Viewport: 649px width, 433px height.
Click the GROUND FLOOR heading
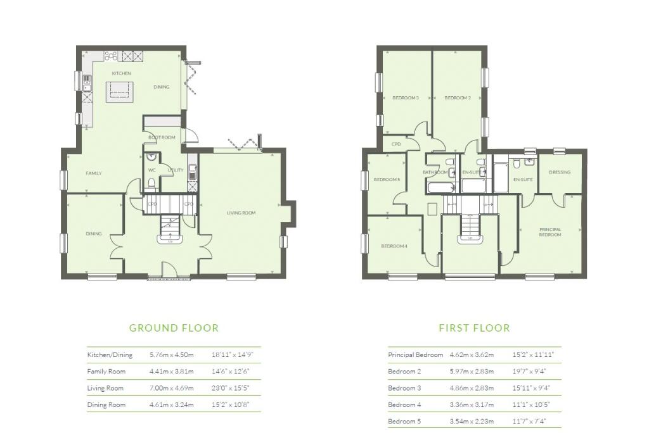tap(174, 328)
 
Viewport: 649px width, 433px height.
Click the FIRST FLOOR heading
tap(474, 328)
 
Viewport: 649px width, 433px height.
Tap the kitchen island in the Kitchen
tap(120, 93)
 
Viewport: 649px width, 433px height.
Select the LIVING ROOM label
tap(241, 213)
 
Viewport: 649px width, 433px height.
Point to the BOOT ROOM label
tap(162, 137)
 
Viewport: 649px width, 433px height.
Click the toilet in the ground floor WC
tap(151, 183)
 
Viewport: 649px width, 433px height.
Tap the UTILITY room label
tap(175, 170)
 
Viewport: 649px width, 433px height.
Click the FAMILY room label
tap(94, 173)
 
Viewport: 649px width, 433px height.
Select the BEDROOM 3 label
tap(405, 97)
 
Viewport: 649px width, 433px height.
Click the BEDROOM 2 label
tap(457, 97)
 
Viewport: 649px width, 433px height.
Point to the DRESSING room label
tap(560, 172)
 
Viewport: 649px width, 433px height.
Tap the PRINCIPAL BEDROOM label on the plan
tap(550, 232)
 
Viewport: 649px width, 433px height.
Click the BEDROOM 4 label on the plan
tap(394, 246)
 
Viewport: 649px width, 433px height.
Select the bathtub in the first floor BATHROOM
tap(440, 187)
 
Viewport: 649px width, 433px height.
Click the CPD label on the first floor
tap(397, 144)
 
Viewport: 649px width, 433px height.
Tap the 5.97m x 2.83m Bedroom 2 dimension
tap(472, 372)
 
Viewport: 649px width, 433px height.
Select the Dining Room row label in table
tap(106, 405)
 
